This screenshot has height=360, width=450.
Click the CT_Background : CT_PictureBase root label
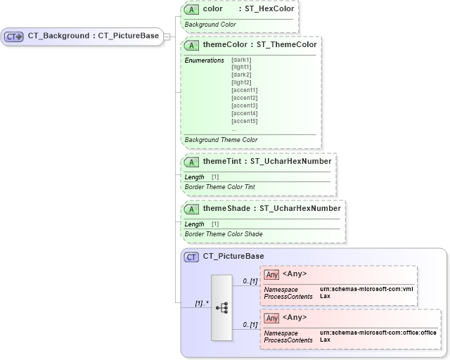click(x=93, y=36)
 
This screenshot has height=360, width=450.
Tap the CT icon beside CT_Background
click(x=15, y=37)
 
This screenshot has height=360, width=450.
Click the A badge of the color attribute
click(x=191, y=9)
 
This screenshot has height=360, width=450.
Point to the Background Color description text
click(x=210, y=25)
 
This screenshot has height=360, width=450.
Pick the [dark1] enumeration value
click(x=241, y=60)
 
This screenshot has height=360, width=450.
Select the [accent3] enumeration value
click(x=244, y=105)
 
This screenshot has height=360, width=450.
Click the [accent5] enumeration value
click(x=244, y=121)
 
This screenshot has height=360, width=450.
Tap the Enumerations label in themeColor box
click(x=205, y=60)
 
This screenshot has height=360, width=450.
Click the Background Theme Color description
click(x=221, y=140)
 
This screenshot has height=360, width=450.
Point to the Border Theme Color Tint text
click(x=219, y=187)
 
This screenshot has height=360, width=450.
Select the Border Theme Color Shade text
click(x=223, y=233)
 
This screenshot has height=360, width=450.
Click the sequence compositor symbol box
click(x=221, y=308)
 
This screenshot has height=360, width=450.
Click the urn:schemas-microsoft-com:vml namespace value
click(x=366, y=289)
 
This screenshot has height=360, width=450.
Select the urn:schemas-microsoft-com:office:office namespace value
click(x=378, y=332)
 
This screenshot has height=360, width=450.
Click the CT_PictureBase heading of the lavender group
click(x=233, y=257)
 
